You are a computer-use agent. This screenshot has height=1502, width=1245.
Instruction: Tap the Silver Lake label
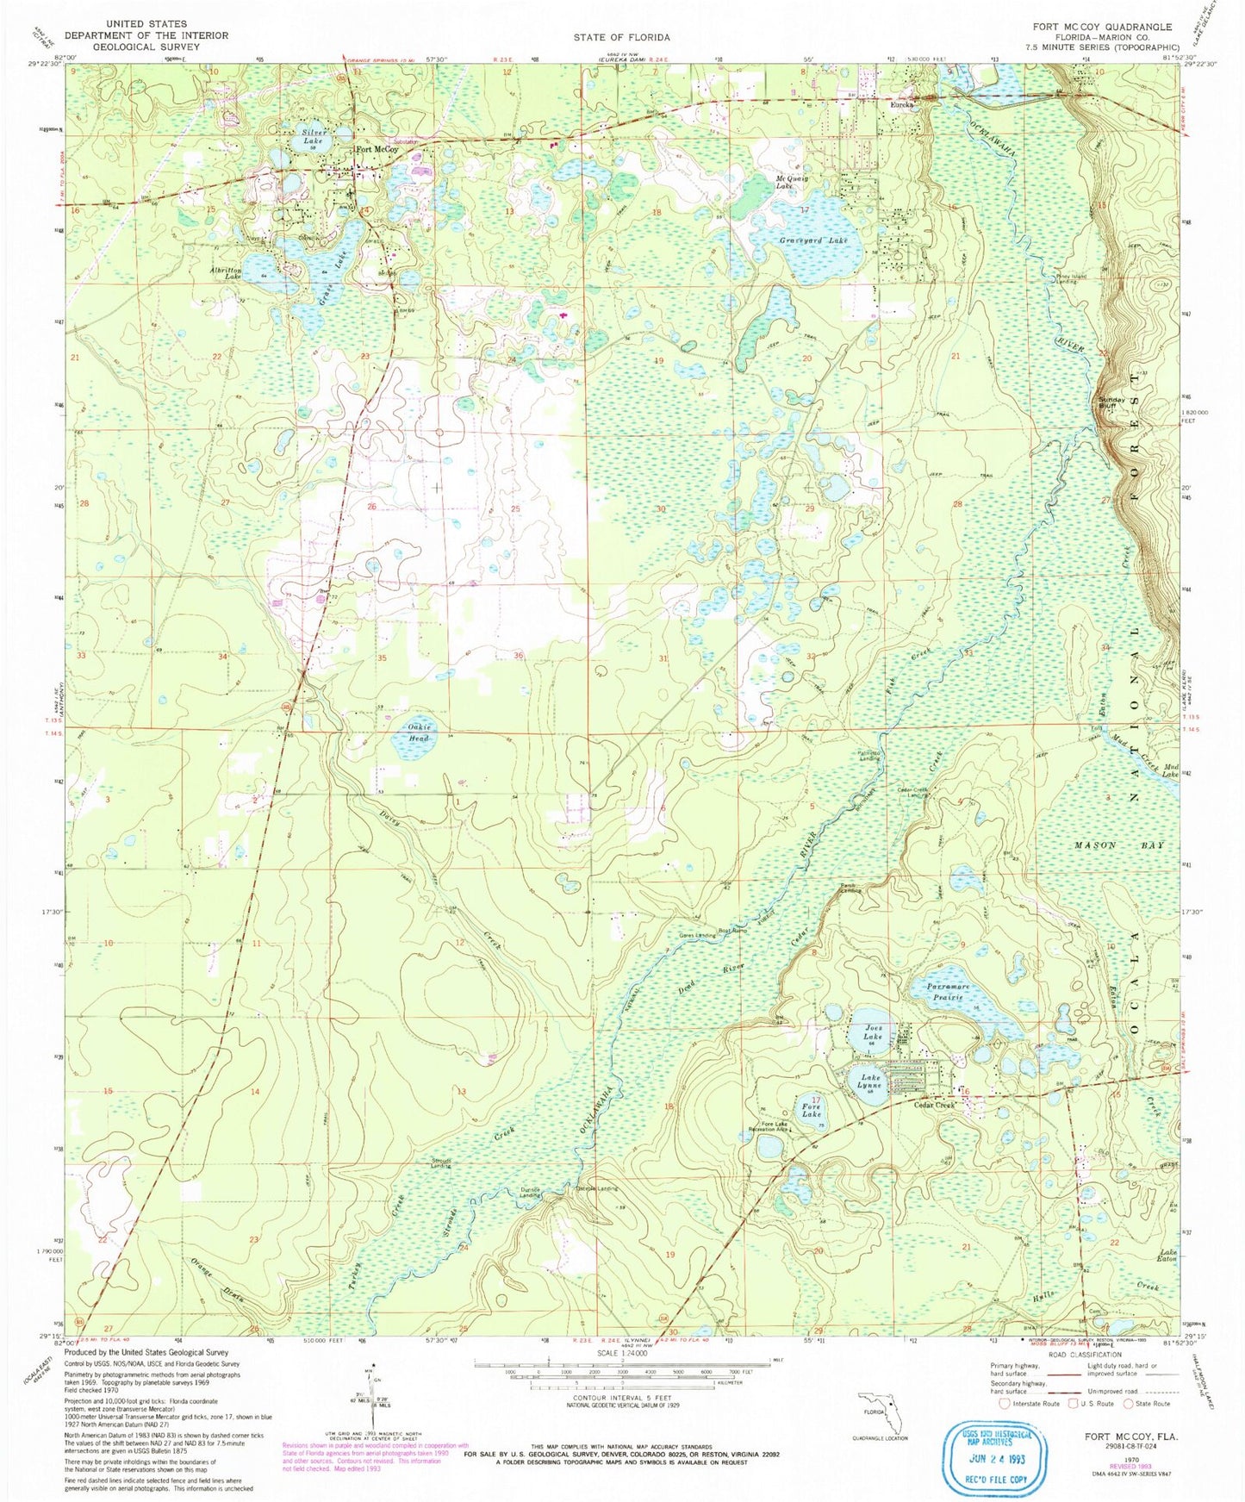click(x=314, y=137)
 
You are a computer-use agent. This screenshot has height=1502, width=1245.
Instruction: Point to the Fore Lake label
click(x=811, y=1110)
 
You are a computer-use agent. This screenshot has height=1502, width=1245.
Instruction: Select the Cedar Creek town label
click(x=934, y=1105)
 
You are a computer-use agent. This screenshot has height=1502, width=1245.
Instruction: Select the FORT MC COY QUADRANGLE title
click(x=1105, y=27)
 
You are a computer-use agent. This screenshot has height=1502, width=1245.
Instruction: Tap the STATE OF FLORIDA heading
click(x=621, y=37)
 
